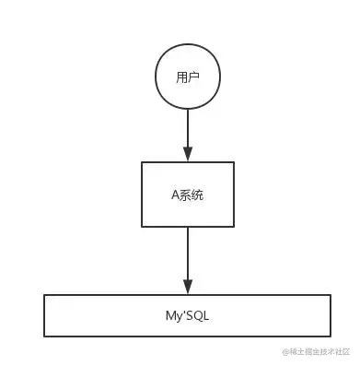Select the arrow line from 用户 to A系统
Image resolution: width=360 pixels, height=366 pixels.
187,129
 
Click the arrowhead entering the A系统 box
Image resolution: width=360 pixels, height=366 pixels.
187,156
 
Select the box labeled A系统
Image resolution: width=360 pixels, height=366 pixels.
188,195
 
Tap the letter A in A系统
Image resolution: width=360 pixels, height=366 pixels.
176,195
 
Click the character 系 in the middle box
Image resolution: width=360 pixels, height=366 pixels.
187,195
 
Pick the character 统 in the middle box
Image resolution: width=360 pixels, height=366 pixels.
199,195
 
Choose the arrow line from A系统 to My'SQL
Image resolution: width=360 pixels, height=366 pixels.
188,254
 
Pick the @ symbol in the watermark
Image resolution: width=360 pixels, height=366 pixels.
286,351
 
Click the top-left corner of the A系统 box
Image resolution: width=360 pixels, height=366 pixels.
142,163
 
